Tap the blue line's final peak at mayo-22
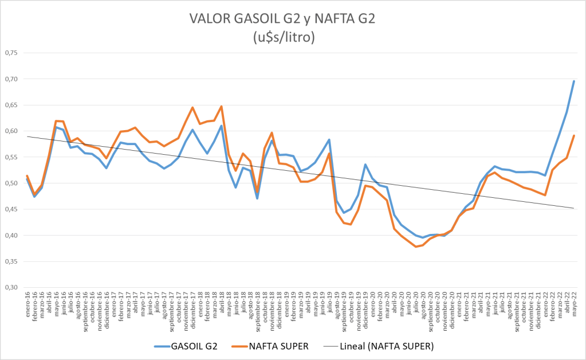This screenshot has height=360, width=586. (573, 81)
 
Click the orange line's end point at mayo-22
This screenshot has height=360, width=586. (573, 135)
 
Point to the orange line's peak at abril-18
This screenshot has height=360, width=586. (221, 106)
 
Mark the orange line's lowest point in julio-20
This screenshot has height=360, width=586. (416, 246)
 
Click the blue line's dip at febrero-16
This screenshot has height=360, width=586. (34, 197)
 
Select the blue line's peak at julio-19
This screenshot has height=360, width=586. (329, 139)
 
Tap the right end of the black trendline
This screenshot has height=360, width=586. (573, 208)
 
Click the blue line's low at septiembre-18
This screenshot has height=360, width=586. (257, 198)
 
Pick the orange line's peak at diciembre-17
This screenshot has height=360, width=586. (192, 107)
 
